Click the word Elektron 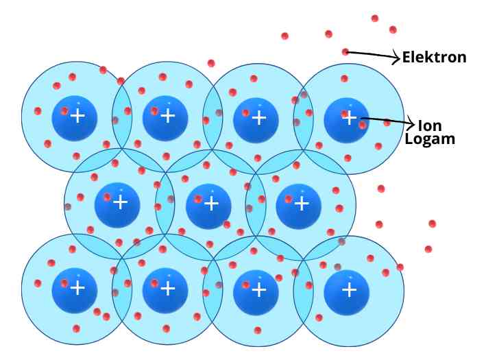click(x=434, y=58)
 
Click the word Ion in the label click(x=430, y=125)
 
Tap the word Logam click(x=430, y=140)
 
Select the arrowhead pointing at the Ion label click(x=411, y=123)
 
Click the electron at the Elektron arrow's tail click(x=346, y=51)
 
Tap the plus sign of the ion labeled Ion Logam click(x=350, y=118)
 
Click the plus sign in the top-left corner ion click(x=77, y=116)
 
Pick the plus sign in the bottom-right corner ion click(x=350, y=290)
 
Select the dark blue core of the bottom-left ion click(x=75, y=291)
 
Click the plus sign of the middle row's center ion click(x=211, y=203)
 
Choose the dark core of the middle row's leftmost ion click(x=117, y=205)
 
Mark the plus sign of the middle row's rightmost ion click(x=302, y=203)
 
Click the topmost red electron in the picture click(x=375, y=19)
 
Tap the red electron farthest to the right click(x=432, y=224)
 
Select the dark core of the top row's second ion click(x=165, y=119)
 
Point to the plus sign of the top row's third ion click(x=259, y=118)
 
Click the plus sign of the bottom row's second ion click(x=168, y=289)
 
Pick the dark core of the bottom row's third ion click(x=256, y=292)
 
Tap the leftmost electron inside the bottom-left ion click(x=38, y=283)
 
